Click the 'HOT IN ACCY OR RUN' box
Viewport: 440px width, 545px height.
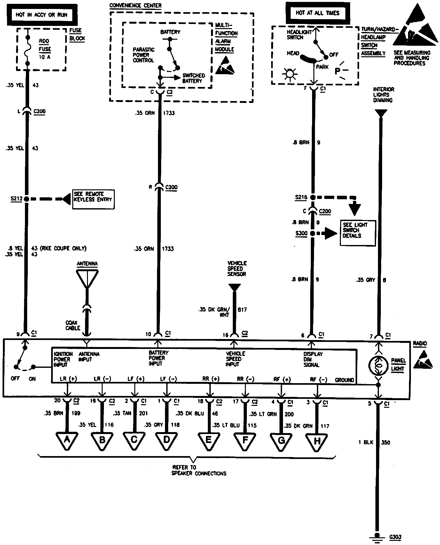[x=42, y=15]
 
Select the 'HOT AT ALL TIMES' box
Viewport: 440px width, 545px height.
[x=317, y=13]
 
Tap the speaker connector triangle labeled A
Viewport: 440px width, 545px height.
[x=67, y=441]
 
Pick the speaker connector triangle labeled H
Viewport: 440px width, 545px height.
[x=317, y=442]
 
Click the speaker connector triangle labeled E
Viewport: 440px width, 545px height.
[x=208, y=441]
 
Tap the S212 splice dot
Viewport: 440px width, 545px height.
[x=27, y=199]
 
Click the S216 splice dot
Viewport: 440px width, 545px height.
[x=313, y=198]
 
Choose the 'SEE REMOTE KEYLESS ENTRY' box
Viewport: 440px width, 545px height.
[x=93, y=199]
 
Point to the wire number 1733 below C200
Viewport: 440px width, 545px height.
[x=168, y=249]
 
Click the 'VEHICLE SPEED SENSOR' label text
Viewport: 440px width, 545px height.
[x=237, y=269]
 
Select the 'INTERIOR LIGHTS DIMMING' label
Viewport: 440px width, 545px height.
[x=383, y=95]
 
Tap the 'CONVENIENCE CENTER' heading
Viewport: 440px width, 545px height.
[x=135, y=6]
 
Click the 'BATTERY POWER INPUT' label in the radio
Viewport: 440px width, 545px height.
[x=159, y=358]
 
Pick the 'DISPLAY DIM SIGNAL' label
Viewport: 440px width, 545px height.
[x=313, y=359]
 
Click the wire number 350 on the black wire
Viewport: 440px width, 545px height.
[x=386, y=443]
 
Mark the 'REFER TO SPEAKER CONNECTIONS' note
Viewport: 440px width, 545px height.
[x=199, y=470]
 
